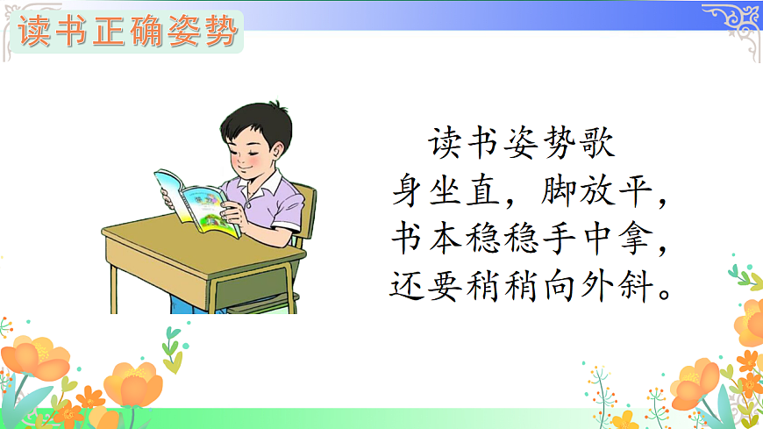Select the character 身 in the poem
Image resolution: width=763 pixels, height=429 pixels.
point(411,190)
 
